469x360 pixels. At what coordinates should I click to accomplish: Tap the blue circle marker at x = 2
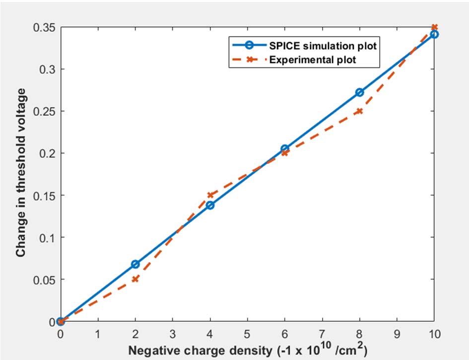point(135,264)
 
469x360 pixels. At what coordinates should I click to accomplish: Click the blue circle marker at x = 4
point(210,205)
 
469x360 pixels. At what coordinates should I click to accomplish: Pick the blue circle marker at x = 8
point(359,92)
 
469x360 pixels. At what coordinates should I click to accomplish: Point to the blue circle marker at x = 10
point(434,34)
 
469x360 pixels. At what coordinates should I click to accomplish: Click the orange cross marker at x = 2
point(135,279)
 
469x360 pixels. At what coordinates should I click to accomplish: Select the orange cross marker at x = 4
point(210,195)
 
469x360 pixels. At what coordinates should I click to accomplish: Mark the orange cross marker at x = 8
point(359,111)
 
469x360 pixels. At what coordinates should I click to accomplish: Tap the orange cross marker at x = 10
point(434,27)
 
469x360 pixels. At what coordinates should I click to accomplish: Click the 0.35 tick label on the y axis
point(42,27)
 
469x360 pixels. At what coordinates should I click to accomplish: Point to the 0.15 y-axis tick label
point(42,195)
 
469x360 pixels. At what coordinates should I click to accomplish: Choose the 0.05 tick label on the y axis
point(42,279)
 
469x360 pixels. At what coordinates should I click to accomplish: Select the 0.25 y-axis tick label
point(42,111)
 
